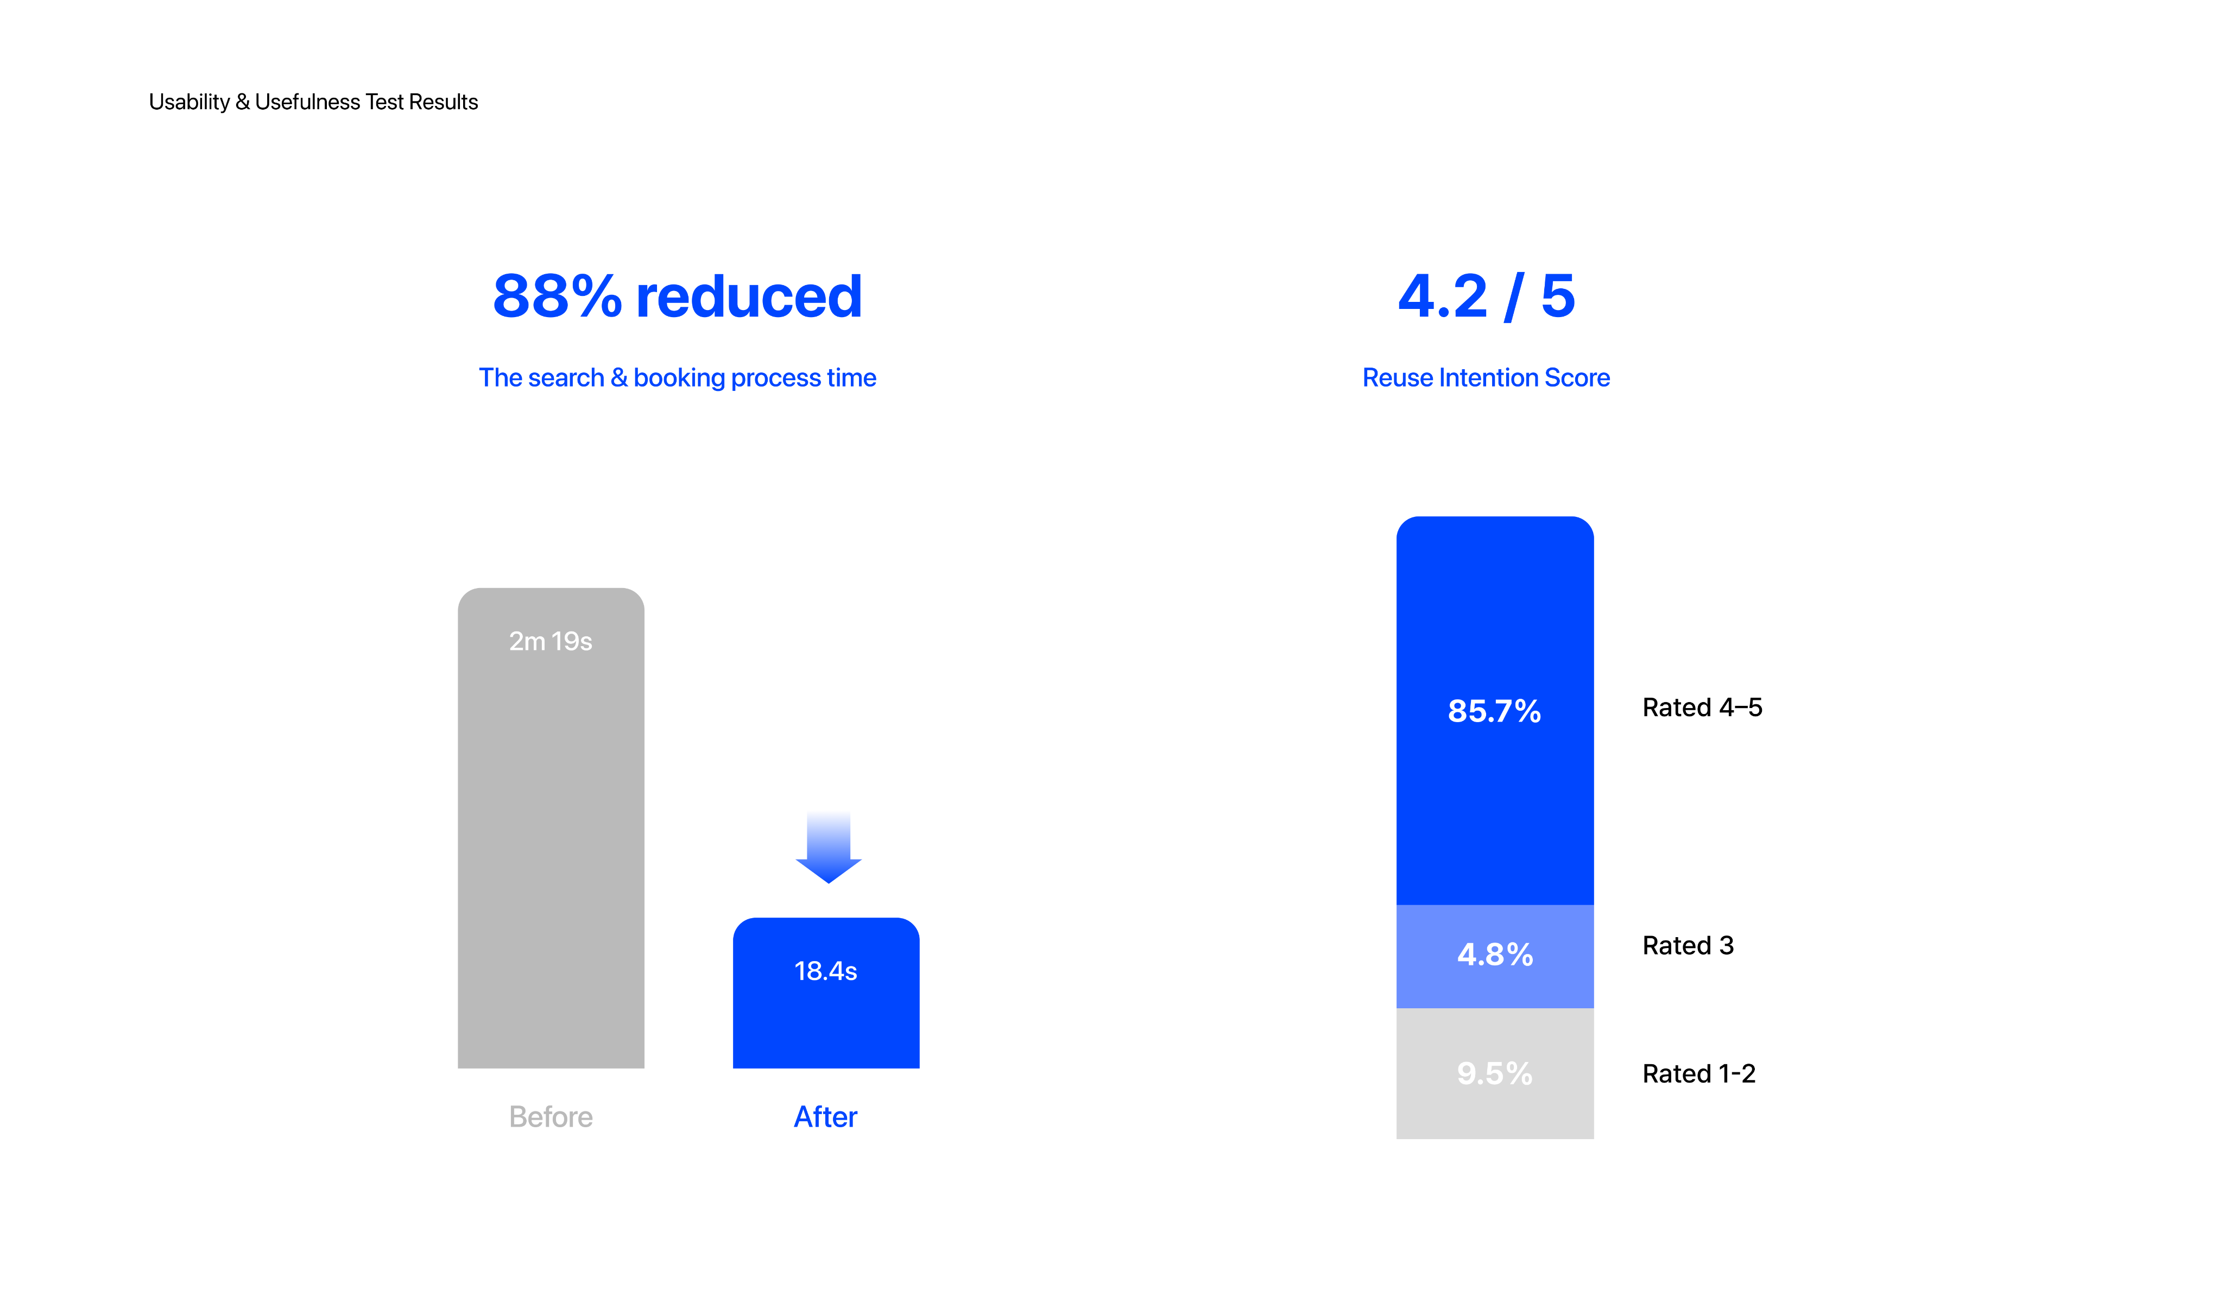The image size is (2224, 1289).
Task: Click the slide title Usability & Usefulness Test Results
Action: [313, 102]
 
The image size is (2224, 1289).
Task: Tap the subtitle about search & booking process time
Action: [677, 377]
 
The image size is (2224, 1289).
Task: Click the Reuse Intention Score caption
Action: [1486, 377]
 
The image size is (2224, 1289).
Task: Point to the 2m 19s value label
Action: [551, 641]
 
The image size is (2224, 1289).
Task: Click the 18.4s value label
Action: [826, 971]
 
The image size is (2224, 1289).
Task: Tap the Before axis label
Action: [551, 1117]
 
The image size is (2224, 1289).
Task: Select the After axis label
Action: [826, 1117]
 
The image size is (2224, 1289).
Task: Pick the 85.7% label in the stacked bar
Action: [1494, 711]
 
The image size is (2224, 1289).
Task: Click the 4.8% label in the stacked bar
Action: [1495, 955]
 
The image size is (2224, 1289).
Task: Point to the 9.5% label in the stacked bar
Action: [1495, 1074]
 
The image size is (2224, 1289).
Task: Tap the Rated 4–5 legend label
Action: [1702, 707]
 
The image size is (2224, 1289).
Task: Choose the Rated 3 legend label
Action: [1688, 946]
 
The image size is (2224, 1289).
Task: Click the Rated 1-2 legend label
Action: [1699, 1074]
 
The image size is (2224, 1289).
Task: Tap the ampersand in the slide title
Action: [243, 102]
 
